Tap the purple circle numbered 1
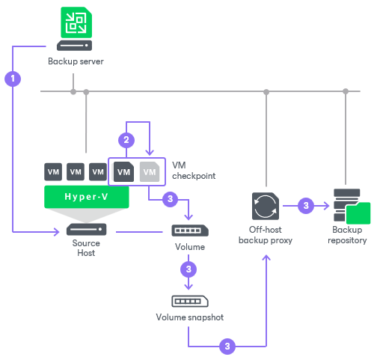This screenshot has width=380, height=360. point(13,77)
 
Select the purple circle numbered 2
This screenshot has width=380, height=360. point(126,139)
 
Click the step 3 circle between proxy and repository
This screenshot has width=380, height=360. point(304,205)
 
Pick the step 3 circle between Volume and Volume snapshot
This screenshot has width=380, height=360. point(189,268)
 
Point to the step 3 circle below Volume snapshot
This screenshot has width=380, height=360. point(227,346)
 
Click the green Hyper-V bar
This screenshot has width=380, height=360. point(86,197)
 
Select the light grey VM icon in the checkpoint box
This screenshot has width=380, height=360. point(150,171)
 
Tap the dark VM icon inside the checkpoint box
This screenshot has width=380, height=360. point(125,171)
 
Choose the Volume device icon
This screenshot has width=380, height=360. point(189,231)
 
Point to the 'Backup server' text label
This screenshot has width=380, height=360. point(76,61)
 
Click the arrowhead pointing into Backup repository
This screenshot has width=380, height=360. point(328,205)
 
